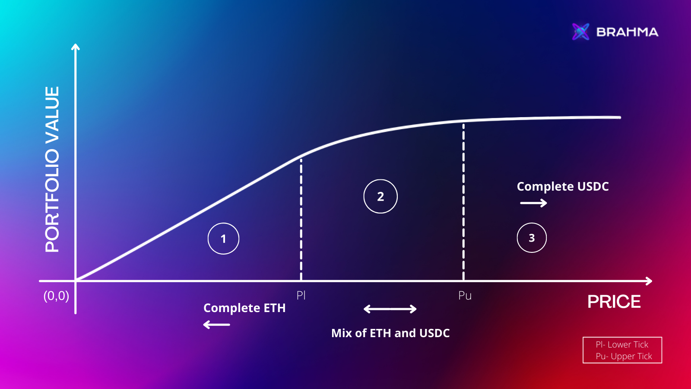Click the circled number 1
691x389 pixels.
(223, 239)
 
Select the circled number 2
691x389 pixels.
(380, 196)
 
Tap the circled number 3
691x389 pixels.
(532, 238)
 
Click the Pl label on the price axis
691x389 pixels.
(301, 296)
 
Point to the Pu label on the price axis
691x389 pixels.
(465, 296)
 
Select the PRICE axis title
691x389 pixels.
(614, 302)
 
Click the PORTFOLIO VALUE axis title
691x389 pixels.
(52, 169)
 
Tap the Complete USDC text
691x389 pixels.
(563, 186)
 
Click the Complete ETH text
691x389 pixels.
(244, 308)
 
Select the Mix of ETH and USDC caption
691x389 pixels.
(390, 333)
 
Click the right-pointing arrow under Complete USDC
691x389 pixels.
(533, 203)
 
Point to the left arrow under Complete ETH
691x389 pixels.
(216, 325)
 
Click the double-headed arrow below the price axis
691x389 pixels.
(390, 309)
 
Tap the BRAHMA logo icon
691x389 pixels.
(580, 32)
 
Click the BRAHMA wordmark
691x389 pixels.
(627, 32)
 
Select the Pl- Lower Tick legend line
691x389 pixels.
(622, 344)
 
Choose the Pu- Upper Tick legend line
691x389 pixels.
(624, 356)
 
